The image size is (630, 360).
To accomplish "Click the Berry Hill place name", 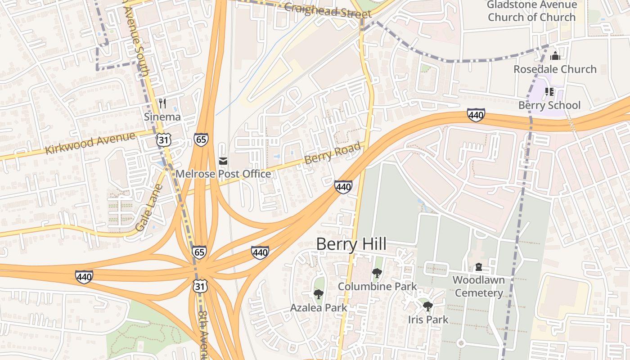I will tap(351, 244).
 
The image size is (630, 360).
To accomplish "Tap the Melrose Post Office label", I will tap(223, 174).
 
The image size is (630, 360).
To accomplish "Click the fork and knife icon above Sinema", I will tap(162, 103).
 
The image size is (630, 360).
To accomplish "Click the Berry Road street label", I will tap(333, 153).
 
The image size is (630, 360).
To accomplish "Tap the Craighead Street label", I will tap(328, 9).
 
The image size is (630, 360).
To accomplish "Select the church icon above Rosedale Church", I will tap(555, 56).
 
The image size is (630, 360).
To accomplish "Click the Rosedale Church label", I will tap(555, 69).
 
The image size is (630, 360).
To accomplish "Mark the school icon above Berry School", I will tap(549, 92).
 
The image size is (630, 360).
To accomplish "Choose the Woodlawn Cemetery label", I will tap(478, 286).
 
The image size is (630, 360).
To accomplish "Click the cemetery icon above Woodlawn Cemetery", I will tap(478, 267).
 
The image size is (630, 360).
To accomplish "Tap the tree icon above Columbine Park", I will tap(377, 273).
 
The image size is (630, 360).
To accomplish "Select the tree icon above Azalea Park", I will tap(318, 294).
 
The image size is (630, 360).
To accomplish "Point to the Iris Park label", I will tap(428, 319).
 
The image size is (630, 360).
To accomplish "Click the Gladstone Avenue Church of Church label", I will tap(532, 11).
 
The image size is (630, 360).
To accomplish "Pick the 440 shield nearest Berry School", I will tap(476, 115).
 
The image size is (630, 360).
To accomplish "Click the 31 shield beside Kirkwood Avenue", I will tap(163, 140).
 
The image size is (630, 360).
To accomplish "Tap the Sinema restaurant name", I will tap(162, 117).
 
